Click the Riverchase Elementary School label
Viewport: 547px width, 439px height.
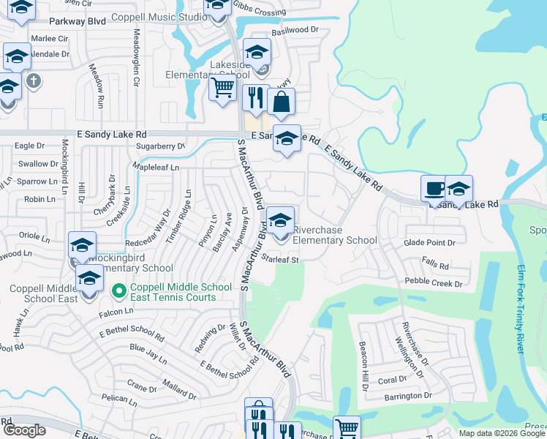point(335,235)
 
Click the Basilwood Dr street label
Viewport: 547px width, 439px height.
point(295,31)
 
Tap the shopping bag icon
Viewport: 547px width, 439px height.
point(281,103)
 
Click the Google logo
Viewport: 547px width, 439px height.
point(25,430)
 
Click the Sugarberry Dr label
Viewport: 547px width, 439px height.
point(162,146)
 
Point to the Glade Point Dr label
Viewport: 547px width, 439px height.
point(430,242)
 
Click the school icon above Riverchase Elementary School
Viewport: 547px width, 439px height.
point(280,219)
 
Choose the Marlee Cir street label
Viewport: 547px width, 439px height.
point(49,38)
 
